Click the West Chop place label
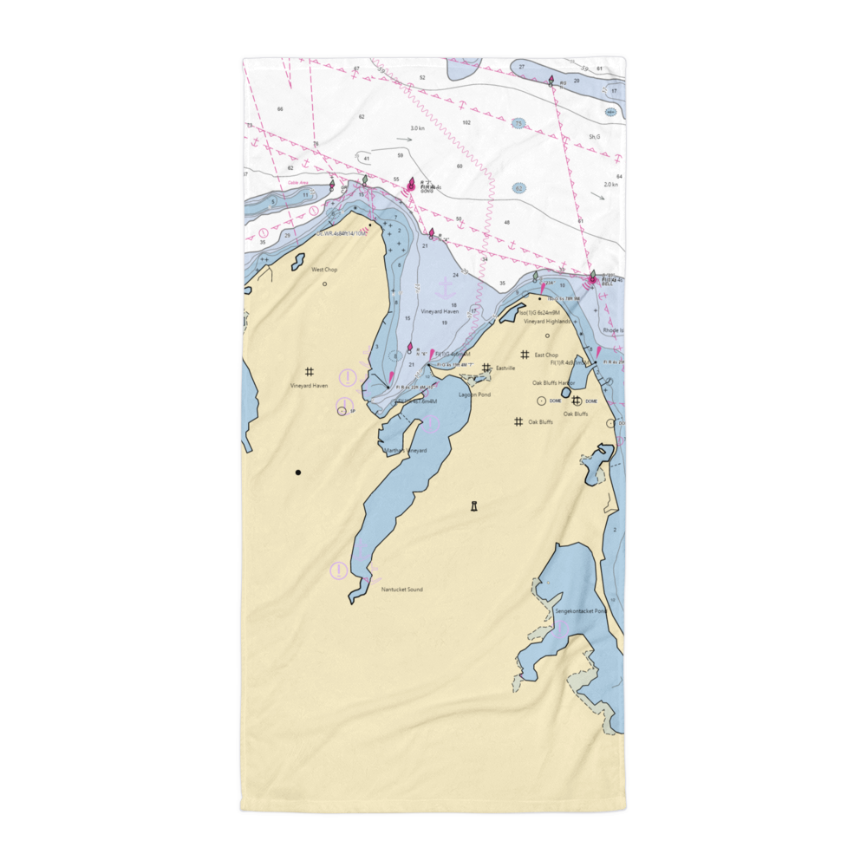coord(325,270)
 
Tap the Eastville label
coord(505,368)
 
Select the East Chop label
coord(546,355)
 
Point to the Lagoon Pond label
coord(474,394)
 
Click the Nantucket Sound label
coord(402,590)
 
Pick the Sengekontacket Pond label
coord(583,611)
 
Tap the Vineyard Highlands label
coord(547,322)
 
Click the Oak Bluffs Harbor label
coord(554,382)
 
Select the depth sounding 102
coord(466,123)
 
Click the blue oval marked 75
coord(518,124)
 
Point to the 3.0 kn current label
coord(418,128)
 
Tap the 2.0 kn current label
coord(611,185)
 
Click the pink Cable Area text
coord(275,183)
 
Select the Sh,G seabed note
coord(594,137)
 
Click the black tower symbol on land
coord(473,506)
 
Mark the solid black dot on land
coord(298,473)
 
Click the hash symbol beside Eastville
coord(486,368)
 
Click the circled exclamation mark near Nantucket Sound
coord(338,570)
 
